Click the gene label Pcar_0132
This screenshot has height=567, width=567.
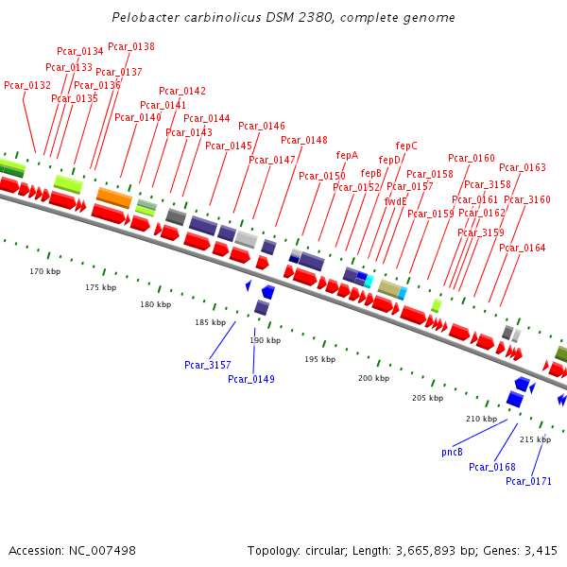coord(27,85)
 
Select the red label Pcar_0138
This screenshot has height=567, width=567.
coord(131,46)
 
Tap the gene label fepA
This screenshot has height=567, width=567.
coord(347,155)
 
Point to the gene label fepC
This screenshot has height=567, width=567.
coord(406,146)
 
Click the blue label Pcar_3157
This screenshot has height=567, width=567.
coord(208,365)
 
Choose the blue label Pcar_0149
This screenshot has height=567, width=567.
coord(251,379)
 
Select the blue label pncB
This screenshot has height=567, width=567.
coord(452,452)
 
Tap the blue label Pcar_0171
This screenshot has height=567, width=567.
coord(528,481)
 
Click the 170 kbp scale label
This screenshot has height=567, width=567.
coord(44,271)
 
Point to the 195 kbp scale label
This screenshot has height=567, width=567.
coord(319,359)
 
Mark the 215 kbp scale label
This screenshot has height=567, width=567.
coord(535,439)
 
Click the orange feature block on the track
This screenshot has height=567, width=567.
coord(114,198)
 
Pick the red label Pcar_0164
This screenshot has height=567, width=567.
coord(523,248)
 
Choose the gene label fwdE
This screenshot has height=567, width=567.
coord(395,201)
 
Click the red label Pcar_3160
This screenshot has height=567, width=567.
coord(527,199)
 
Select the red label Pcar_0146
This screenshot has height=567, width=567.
coord(262,126)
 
